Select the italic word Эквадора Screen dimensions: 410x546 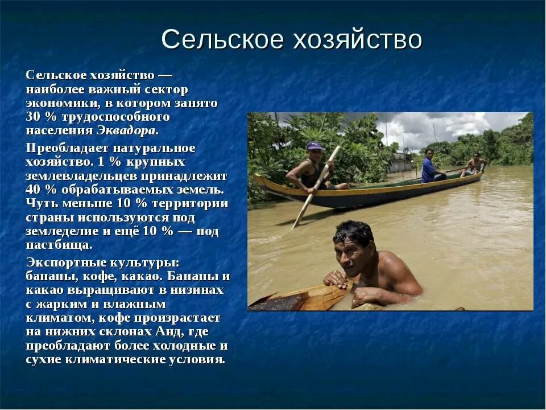pos(126,130)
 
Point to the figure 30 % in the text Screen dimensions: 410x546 pos(38,117)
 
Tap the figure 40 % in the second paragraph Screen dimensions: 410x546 pos(38,190)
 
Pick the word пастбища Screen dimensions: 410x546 pos(59,245)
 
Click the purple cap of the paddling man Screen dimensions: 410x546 pos(315,146)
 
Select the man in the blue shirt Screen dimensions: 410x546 pos(429,167)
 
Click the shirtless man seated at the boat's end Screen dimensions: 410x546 pos(474,165)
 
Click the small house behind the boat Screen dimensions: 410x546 pos(400,162)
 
